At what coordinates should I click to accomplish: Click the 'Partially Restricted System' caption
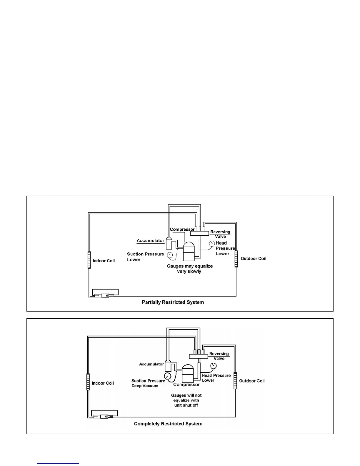point(173,302)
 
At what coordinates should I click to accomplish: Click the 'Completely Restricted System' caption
point(168,424)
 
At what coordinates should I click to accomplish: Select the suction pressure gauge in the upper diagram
point(170,255)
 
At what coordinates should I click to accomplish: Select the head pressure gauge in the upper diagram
point(212,244)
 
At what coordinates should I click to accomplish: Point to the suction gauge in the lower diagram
point(167,376)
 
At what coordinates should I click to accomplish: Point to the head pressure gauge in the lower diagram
point(214,366)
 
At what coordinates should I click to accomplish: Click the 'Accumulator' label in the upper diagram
point(150,241)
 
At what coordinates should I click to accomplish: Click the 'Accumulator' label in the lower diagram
point(151,364)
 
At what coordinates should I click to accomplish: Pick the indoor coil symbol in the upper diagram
point(89,260)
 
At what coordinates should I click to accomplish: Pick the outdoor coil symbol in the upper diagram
point(236,259)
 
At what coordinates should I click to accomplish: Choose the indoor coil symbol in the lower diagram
point(88,382)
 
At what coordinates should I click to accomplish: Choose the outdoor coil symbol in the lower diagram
point(235,381)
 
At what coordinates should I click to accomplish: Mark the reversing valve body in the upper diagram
point(199,233)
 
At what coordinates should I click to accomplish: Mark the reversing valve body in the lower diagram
point(198,356)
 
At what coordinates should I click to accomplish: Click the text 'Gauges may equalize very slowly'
point(190,269)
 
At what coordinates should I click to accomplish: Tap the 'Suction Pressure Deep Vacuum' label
point(148,383)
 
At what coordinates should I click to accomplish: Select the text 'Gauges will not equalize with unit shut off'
point(186,400)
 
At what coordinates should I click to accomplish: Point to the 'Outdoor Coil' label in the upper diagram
point(253,259)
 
